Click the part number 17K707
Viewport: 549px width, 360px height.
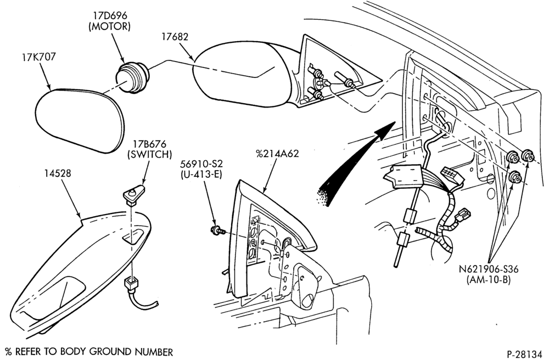click(39, 57)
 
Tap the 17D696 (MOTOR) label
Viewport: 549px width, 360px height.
click(110, 21)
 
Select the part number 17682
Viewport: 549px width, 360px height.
click(175, 36)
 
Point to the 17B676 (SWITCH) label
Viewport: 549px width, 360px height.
click(149, 149)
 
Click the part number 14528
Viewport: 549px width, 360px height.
click(58, 173)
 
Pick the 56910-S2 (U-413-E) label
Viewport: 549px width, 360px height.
click(201, 168)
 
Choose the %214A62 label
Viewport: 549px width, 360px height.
click(277, 154)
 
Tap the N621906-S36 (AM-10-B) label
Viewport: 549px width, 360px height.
click(489, 274)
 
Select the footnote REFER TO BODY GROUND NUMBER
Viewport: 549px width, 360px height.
click(94, 352)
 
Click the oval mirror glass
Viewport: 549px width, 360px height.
click(80, 121)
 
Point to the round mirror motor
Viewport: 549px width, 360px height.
click(132, 76)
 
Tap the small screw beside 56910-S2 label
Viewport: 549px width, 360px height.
click(215, 230)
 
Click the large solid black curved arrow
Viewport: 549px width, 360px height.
click(357, 162)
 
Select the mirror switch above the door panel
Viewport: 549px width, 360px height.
click(134, 194)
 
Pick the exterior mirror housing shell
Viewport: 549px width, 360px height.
click(242, 74)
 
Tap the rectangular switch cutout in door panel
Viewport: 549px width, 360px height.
click(133, 237)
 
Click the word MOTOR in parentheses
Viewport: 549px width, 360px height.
click(110, 26)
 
